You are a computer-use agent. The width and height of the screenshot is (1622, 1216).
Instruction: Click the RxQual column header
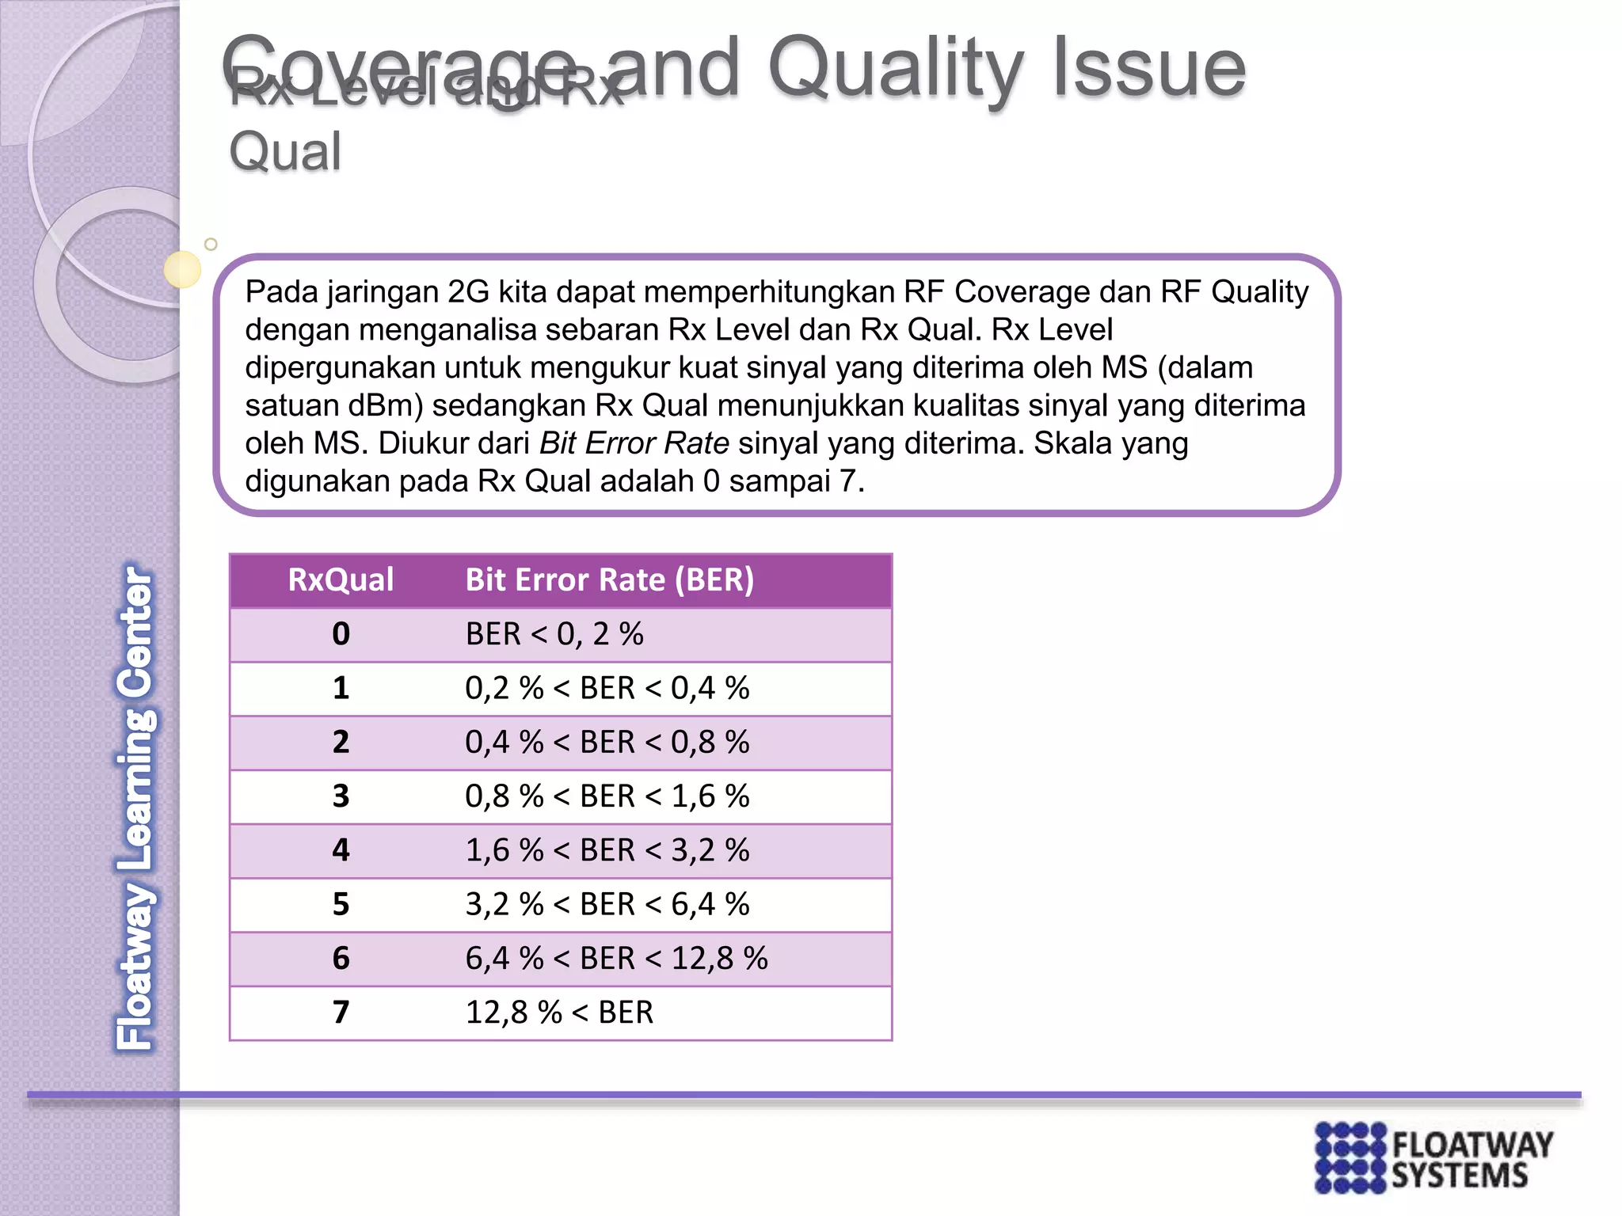(341, 579)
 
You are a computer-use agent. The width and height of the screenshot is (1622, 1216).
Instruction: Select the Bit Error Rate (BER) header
(609, 579)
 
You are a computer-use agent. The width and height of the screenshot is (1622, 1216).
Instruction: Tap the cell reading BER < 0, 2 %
(554, 634)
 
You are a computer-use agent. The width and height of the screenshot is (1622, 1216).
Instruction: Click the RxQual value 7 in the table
(341, 1013)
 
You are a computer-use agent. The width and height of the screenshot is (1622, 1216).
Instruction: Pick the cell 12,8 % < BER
(559, 1013)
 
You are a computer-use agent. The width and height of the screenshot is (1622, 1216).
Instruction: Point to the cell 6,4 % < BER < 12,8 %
(616, 959)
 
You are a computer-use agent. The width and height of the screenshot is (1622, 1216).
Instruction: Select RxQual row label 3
(341, 796)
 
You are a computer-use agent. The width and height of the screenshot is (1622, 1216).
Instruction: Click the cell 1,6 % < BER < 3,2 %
(607, 850)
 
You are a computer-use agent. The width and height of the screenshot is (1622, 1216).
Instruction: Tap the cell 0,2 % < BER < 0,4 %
(607, 688)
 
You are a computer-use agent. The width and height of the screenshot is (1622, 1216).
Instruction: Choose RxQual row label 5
(341, 904)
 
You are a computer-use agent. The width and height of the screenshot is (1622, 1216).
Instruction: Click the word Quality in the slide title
(895, 70)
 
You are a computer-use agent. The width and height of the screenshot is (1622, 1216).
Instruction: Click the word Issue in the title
(1148, 70)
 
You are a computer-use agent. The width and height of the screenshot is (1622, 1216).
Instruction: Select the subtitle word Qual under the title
(285, 152)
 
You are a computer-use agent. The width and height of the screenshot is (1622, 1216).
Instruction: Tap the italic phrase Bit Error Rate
(634, 443)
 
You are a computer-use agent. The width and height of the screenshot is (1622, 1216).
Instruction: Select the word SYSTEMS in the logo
(1459, 1176)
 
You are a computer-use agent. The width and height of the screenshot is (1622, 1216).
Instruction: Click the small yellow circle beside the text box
(183, 269)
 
